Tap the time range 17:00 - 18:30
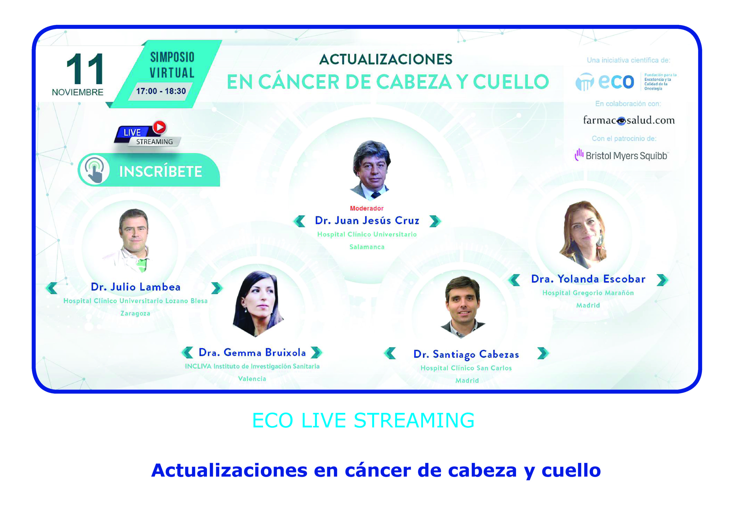(161, 91)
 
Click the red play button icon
(159, 127)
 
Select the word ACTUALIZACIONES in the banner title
(386, 59)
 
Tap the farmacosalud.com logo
(629, 120)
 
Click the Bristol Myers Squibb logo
(621, 155)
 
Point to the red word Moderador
(367, 208)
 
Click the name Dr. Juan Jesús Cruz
(367, 220)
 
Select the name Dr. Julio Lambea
(136, 287)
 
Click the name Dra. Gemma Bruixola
(252, 352)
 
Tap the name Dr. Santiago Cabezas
(466, 354)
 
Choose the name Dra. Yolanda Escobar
(588, 279)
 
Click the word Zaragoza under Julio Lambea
(135, 314)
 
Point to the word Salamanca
(367, 247)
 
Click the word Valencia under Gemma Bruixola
(252, 379)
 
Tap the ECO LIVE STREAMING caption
(363, 420)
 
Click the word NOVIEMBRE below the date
(78, 92)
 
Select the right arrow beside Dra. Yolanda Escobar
(662, 280)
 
